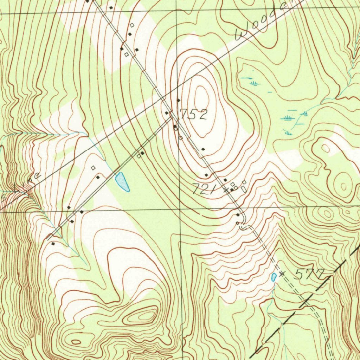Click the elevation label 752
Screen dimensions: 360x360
click(x=194, y=114)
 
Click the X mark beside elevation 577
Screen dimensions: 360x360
click(x=281, y=274)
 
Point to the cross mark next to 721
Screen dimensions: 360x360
click(x=227, y=191)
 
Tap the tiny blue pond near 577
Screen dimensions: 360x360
click(x=274, y=277)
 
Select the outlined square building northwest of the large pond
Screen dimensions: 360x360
click(x=93, y=168)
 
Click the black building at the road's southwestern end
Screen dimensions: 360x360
click(x=53, y=243)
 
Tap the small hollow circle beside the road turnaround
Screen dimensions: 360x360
click(x=237, y=223)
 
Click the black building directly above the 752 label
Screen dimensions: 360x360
click(x=178, y=101)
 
